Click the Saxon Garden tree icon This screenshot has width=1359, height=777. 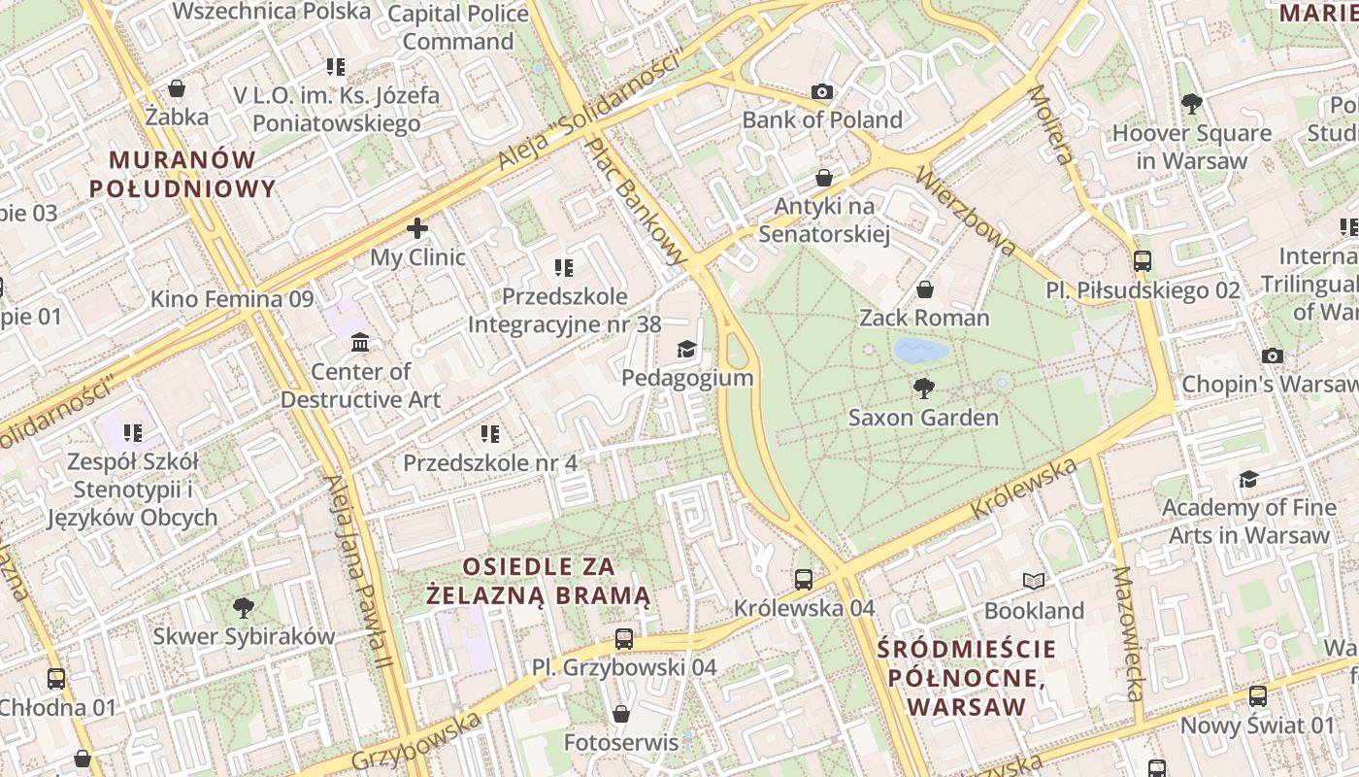point(923,388)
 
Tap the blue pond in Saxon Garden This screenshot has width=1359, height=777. point(920,350)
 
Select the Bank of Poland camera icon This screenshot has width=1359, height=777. point(822,92)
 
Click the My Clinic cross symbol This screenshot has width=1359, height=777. point(417,228)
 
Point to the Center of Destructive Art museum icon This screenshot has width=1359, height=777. point(360,342)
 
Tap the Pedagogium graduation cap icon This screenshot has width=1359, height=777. point(686,349)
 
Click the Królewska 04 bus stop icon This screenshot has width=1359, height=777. point(804,580)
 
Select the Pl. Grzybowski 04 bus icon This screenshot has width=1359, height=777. point(623,639)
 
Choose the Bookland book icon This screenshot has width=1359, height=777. point(1034,582)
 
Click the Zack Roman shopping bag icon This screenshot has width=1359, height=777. point(924,289)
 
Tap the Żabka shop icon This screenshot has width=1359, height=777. point(177,88)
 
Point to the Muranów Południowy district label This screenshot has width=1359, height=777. point(182,174)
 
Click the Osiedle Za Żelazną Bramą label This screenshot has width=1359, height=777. point(541,580)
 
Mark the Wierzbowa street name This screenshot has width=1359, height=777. point(965,212)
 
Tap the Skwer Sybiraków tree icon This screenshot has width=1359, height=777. point(244,608)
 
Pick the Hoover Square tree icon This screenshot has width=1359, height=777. point(1191,104)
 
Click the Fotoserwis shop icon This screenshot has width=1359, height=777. point(621,714)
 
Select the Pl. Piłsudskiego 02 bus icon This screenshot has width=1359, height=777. point(1143,261)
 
